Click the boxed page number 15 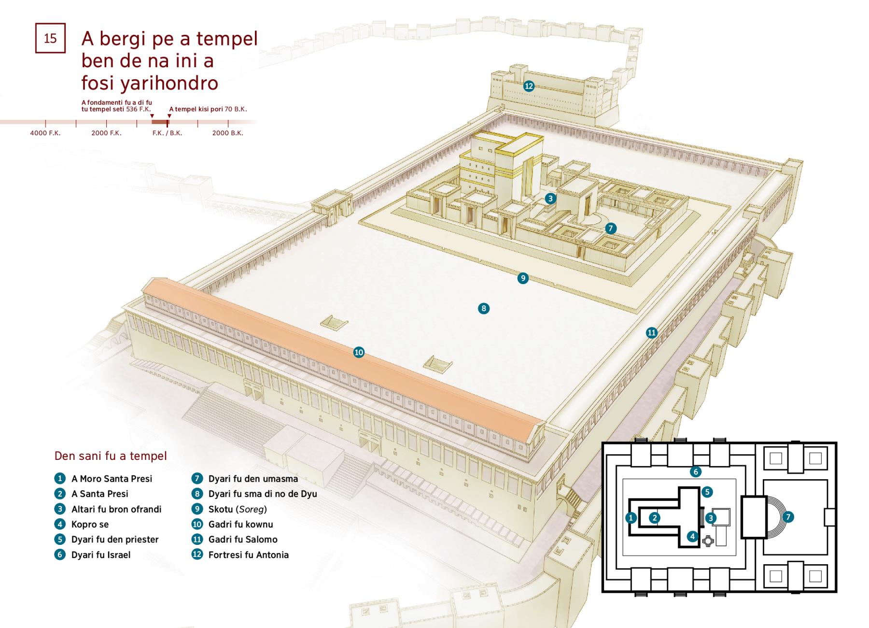[x=50, y=38]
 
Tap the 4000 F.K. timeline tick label [x=45, y=133]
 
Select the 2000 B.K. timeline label [x=228, y=133]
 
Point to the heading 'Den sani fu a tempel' [x=111, y=456]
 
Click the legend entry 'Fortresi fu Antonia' [x=249, y=555]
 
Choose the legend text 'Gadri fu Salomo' [x=243, y=540]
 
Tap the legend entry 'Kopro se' [x=90, y=525]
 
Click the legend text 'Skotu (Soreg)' [x=238, y=509]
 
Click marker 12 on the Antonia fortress [x=529, y=86]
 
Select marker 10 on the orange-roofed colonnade [x=359, y=352]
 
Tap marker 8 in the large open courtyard [x=484, y=308]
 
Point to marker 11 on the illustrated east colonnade [x=652, y=332]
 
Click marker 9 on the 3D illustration [x=523, y=278]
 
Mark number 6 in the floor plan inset [x=695, y=471]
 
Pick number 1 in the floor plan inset [x=631, y=518]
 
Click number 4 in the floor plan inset [x=693, y=536]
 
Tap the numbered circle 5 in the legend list [x=60, y=539]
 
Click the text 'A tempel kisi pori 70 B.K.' [x=208, y=109]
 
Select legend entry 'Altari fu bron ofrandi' [x=116, y=509]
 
